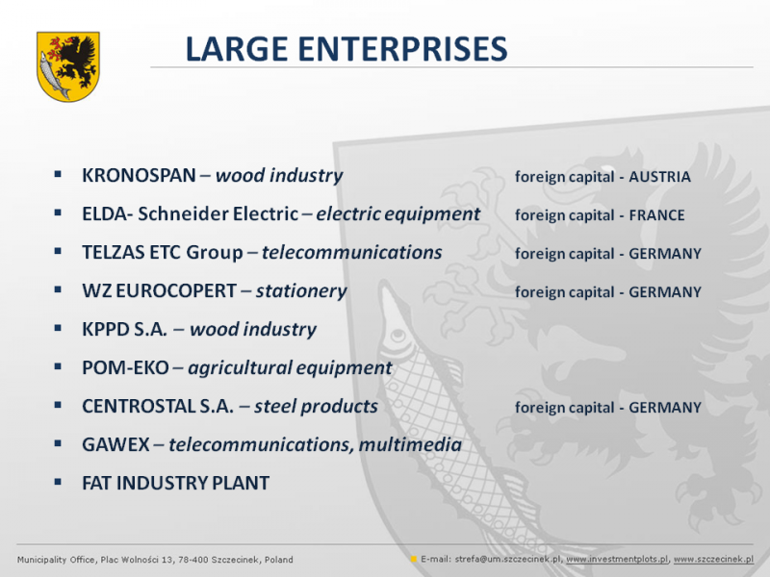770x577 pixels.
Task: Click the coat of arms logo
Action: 68,66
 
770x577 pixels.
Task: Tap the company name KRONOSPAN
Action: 139,175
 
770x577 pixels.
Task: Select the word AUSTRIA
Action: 659,177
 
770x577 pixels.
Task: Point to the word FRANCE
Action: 656,214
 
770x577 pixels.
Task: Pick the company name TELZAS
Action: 113,252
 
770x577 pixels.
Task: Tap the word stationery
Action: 301,291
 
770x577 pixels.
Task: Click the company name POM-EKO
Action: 125,367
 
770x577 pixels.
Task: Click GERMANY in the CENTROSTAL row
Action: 665,407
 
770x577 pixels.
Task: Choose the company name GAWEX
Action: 115,444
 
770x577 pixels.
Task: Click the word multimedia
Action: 410,444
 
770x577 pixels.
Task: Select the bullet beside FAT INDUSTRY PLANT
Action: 58,483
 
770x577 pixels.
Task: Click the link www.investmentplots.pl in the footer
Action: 617,560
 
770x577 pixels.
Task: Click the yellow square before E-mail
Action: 414,559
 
